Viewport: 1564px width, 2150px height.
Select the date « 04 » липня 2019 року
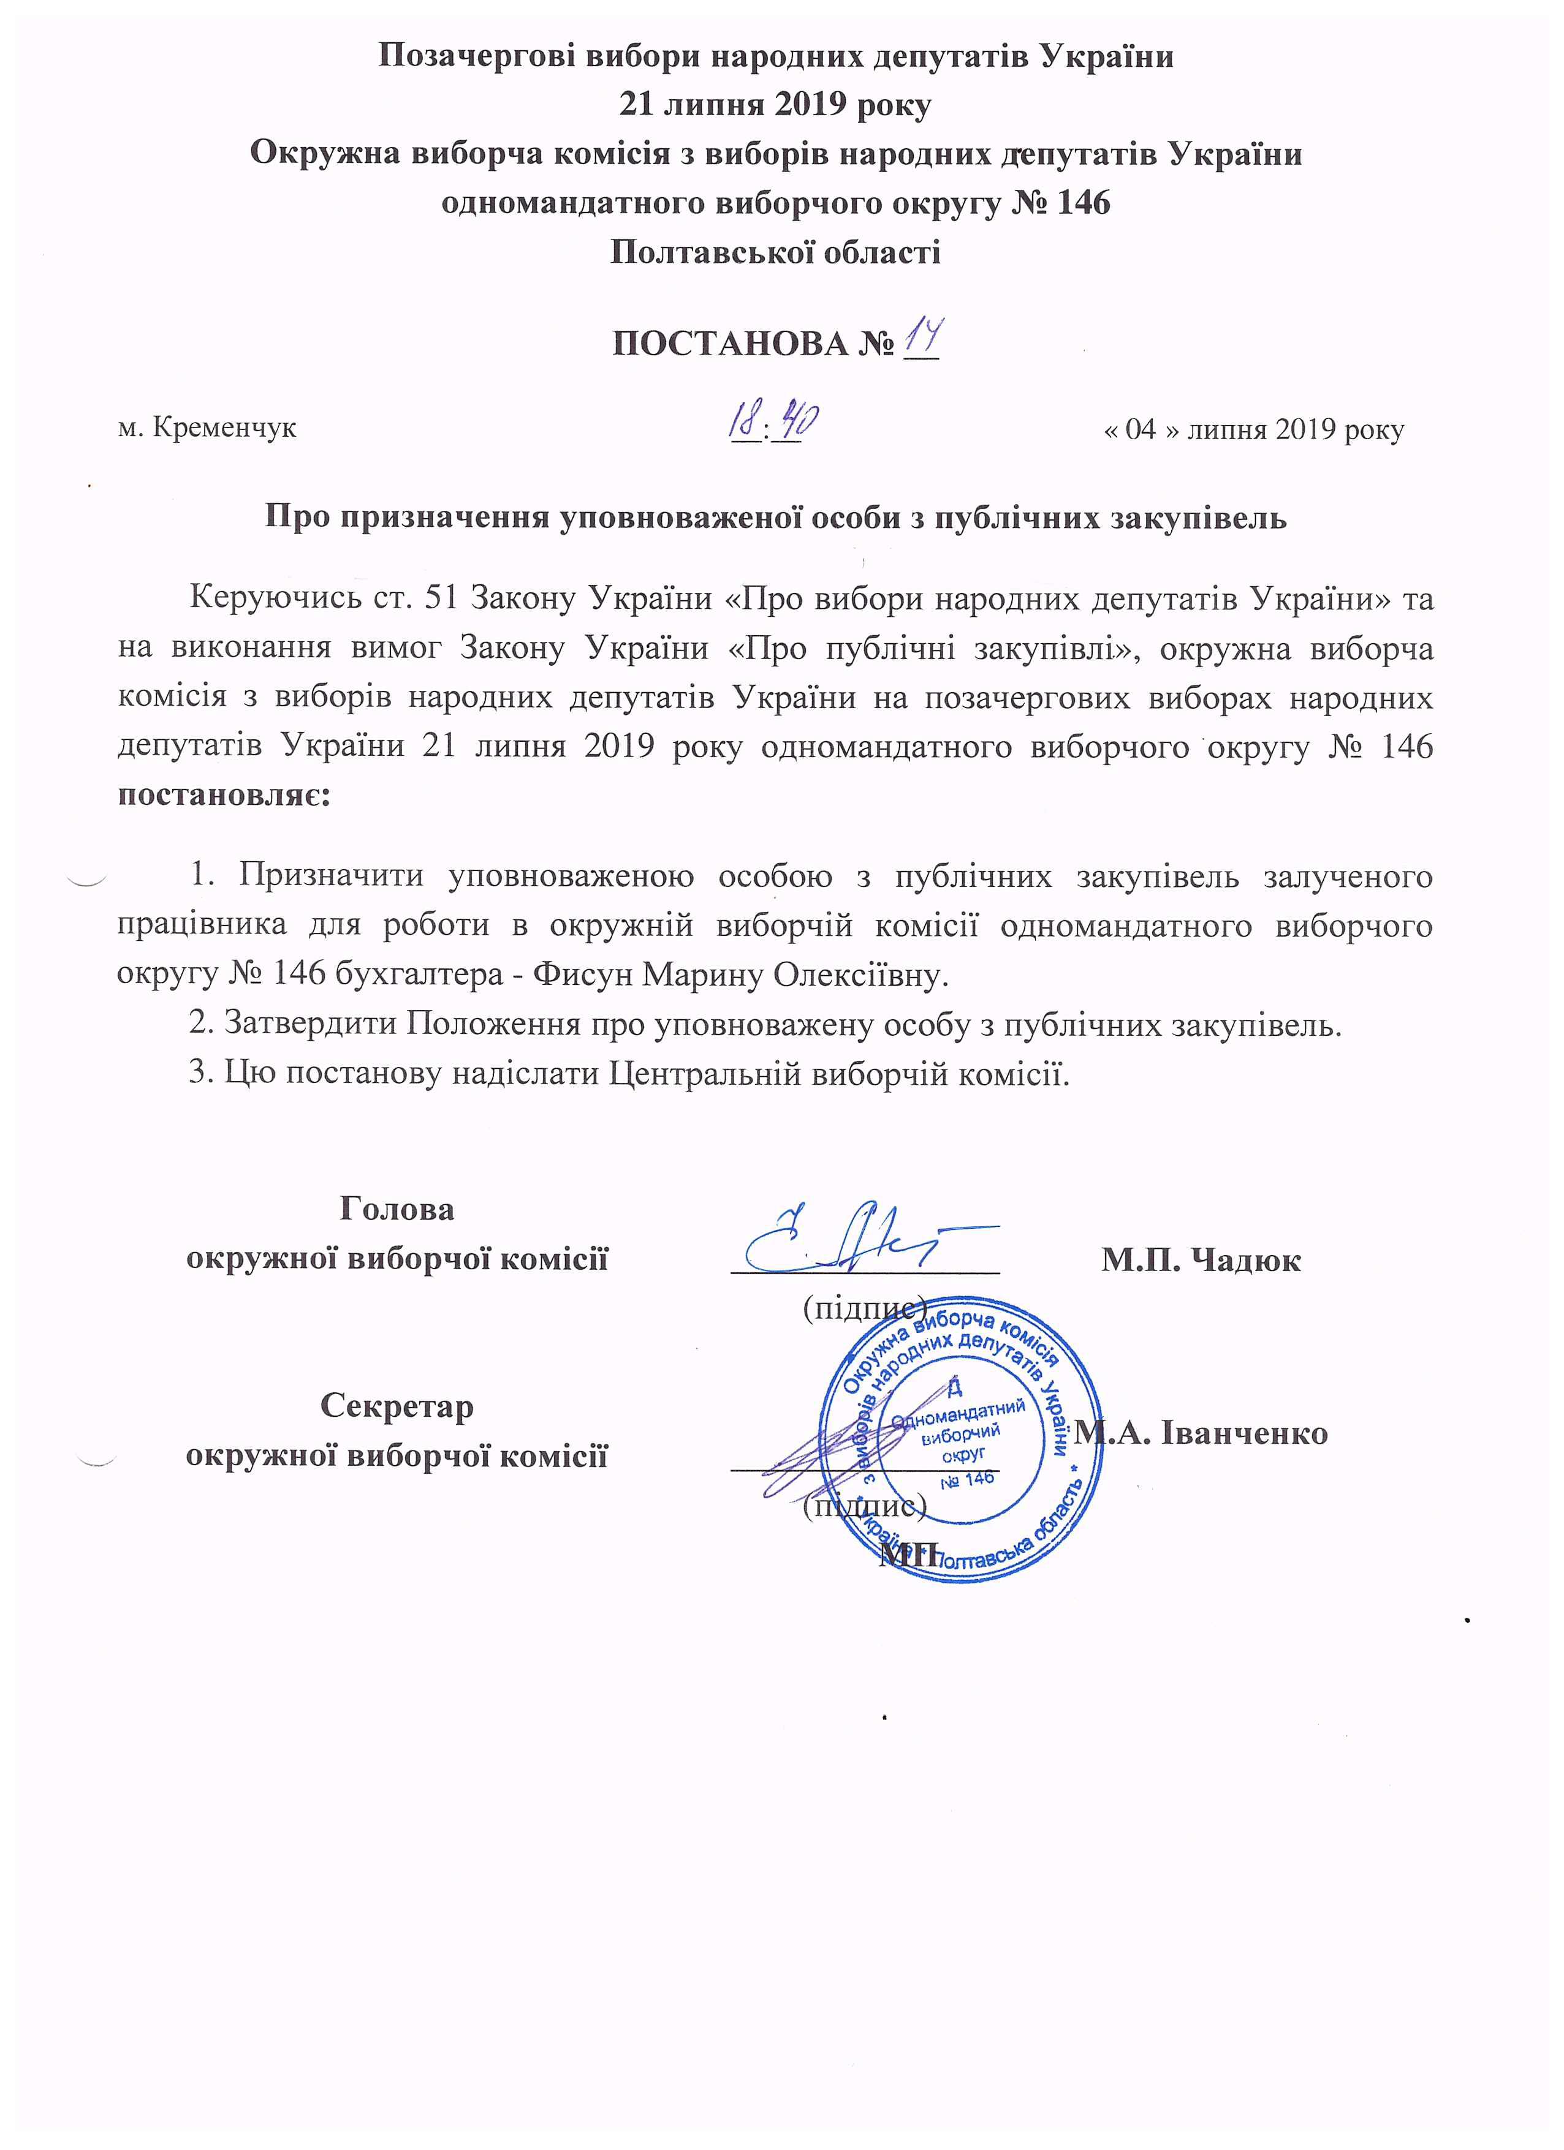(x=1254, y=429)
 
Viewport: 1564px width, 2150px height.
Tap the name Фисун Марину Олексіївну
(x=740, y=975)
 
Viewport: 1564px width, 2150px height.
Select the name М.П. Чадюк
(x=1200, y=1260)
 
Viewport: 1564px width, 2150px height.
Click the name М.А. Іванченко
(x=1202, y=1432)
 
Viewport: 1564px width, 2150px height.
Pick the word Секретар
(x=397, y=1406)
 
